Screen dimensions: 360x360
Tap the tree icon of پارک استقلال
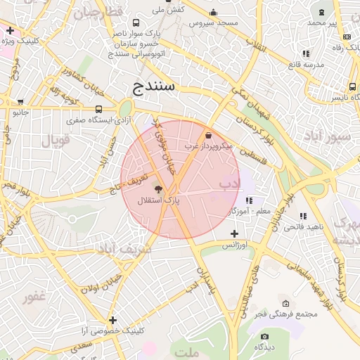tap(157, 188)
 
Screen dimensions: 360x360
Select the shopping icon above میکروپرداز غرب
tap(207, 134)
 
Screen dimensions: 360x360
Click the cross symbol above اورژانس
tap(234, 233)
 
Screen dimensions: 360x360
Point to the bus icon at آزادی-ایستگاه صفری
tap(98, 109)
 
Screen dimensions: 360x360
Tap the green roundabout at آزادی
tap(125, 109)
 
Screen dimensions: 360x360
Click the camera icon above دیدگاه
tap(264, 336)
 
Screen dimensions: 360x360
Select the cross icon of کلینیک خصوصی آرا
tap(112, 320)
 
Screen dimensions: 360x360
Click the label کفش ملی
tap(169, 9)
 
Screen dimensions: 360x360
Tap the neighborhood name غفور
tap(34, 297)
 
